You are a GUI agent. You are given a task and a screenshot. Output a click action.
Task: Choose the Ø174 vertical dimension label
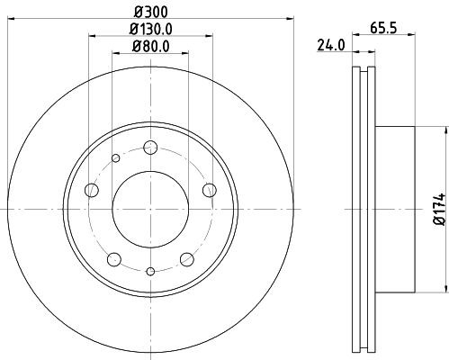point(439,209)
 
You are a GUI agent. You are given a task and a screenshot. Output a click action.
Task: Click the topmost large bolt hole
point(150,148)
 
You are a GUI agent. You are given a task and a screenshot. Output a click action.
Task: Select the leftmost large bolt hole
point(91,190)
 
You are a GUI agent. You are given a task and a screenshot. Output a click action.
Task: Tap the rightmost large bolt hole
point(209,189)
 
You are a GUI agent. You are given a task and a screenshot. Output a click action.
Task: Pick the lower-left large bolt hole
point(113,259)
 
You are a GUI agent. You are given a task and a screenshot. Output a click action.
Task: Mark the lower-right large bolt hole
point(186,259)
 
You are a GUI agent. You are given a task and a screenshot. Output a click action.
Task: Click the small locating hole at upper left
point(116,159)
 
